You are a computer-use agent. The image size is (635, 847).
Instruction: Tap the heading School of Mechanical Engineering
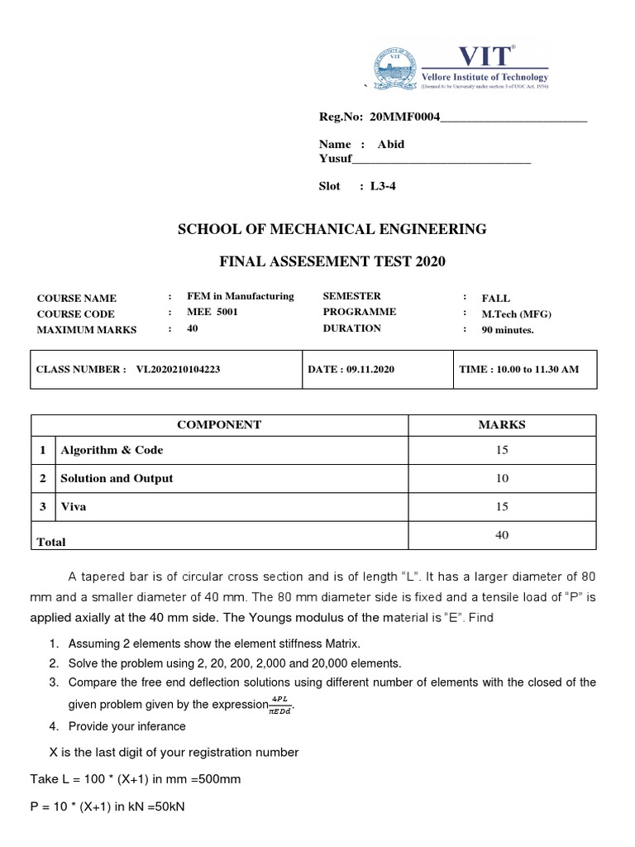(332, 229)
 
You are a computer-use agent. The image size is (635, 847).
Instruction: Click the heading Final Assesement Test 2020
(332, 261)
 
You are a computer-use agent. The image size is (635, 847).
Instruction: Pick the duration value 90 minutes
(508, 330)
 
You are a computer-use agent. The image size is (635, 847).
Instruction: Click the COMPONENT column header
(219, 424)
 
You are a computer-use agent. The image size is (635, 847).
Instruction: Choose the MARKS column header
(502, 424)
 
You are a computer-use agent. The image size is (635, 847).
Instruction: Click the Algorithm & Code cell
(112, 450)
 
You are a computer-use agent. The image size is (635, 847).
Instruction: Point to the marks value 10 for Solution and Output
(502, 478)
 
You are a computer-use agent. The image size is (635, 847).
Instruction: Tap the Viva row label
(74, 506)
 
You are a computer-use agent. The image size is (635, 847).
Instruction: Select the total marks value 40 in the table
(502, 535)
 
